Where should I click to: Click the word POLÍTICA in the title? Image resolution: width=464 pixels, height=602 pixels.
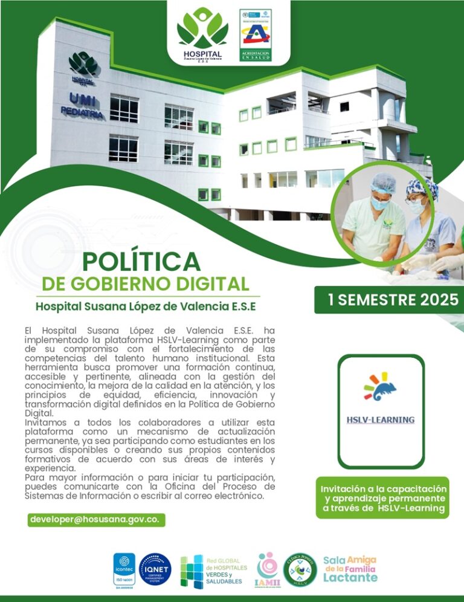141,261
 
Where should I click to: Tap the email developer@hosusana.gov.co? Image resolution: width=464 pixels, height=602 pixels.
97,520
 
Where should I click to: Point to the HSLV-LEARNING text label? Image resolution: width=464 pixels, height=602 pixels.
380,419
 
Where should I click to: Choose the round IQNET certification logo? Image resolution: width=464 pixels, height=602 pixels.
155,569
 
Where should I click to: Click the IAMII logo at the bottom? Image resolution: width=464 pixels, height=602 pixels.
267,569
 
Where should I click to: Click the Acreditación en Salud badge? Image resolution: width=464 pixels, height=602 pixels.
255,35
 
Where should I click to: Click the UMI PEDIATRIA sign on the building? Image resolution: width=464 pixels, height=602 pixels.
82,104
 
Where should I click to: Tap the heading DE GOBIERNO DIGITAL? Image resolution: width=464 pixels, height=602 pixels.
145,283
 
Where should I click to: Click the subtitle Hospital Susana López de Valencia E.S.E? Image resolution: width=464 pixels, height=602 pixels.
146,306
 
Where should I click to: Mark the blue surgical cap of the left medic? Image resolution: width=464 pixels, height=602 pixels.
383,183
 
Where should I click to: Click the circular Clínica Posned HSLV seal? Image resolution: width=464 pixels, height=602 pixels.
300,569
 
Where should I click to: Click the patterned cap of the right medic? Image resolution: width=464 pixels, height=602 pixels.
422,189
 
